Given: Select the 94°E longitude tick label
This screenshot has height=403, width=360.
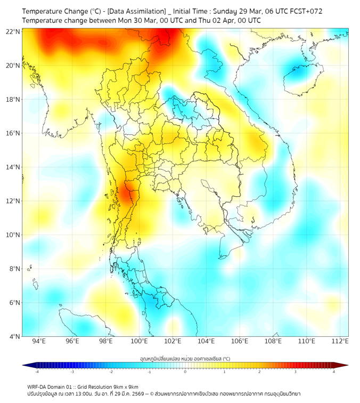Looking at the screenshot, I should coord(39,341).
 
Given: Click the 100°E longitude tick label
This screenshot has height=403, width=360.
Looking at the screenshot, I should coord(140,341).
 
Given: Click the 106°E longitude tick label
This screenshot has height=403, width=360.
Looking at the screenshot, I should coord(240,341).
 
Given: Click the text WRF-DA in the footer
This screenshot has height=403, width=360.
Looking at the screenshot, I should coord(37,386).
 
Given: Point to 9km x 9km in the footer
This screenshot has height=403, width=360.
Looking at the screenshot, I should coord(126,386).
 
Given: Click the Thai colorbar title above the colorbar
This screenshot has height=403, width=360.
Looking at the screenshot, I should coord(185,358).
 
